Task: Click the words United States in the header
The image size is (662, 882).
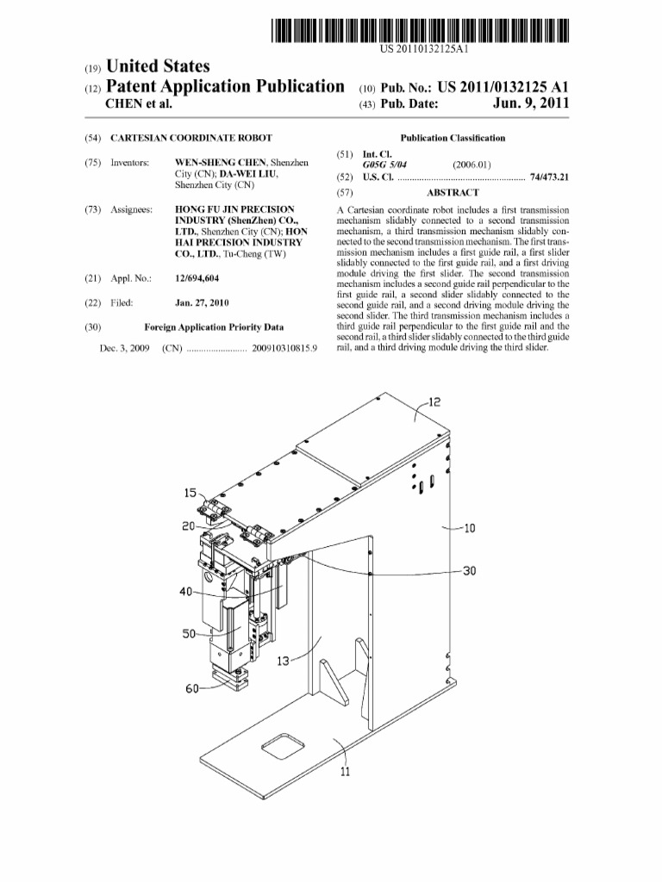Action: [x=159, y=66]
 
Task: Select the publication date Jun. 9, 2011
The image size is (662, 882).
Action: [x=530, y=104]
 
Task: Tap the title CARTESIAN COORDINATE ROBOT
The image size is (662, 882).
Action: [x=191, y=138]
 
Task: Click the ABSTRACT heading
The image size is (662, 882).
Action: [x=453, y=193]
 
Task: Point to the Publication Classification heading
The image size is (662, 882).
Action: [x=453, y=138]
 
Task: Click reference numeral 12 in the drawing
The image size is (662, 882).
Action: [x=434, y=401]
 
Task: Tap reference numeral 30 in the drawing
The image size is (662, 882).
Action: [x=469, y=570]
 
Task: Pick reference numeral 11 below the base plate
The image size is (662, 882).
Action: [x=344, y=772]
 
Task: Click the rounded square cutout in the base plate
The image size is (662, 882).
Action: [x=283, y=745]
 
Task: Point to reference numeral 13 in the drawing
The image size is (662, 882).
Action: [x=282, y=662]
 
